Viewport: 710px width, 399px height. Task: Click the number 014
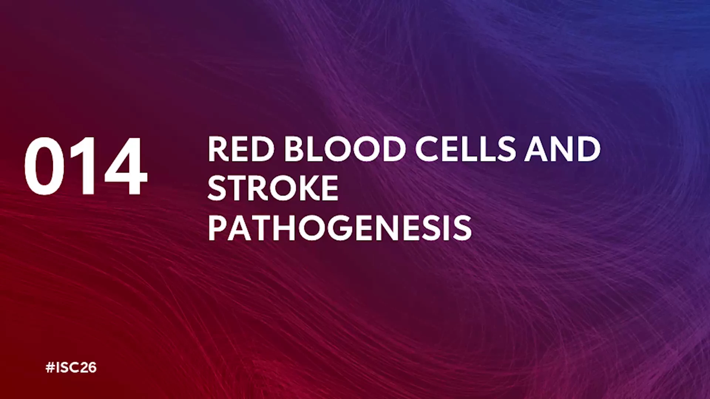tap(86, 166)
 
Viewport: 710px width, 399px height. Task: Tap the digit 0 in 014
tap(44, 166)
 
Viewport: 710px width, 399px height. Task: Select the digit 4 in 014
tap(126, 166)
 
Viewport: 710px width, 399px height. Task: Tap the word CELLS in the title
tap(466, 149)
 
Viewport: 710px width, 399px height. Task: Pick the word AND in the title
tap(562, 149)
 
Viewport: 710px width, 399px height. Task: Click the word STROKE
tap(273, 188)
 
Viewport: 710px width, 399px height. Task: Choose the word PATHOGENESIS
tap(340, 228)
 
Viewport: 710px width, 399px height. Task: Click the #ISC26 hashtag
tap(71, 368)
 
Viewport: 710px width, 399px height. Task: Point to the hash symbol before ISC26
tap(50, 368)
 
